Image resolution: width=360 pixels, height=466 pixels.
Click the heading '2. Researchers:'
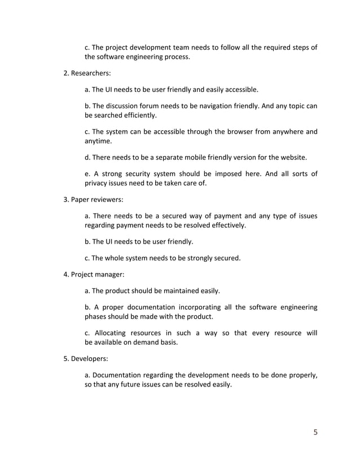[x=86, y=73]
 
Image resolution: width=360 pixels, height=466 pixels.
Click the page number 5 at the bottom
[x=315, y=433]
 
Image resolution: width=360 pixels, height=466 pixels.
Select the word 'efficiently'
[x=137, y=116]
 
